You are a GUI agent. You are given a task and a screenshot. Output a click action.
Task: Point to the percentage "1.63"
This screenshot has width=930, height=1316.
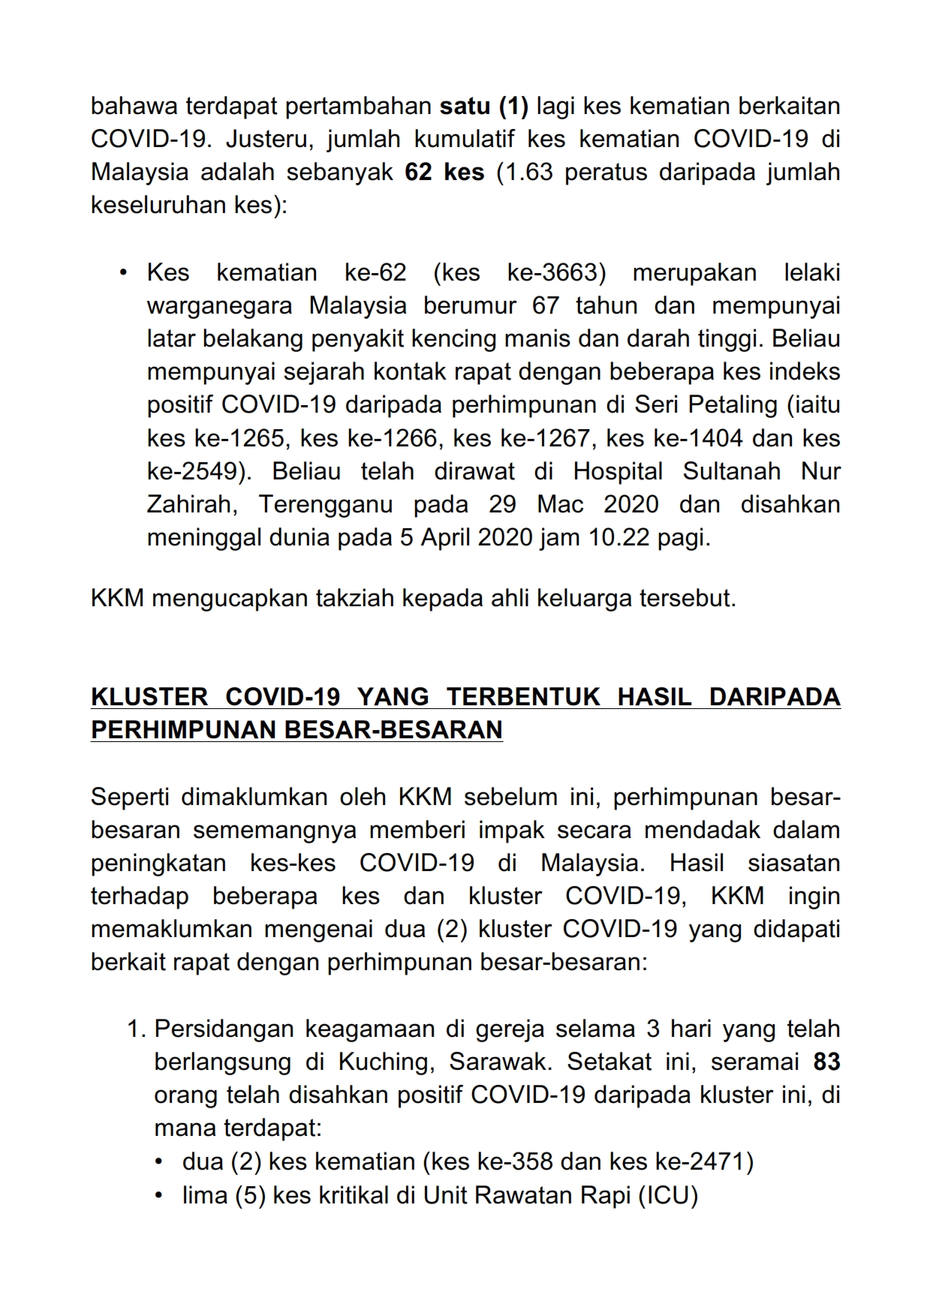(529, 173)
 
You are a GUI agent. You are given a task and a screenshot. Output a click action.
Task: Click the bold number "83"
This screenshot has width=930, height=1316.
(826, 1062)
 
